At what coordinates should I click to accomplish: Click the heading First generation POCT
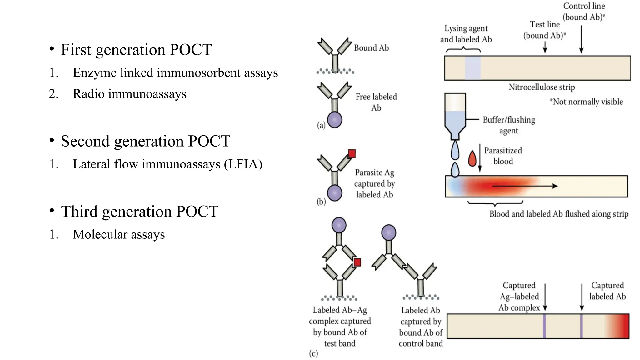click(136, 50)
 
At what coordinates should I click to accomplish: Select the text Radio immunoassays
click(129, 94)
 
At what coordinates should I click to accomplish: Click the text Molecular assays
click(119, 234)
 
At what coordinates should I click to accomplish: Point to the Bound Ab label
click(371, 48)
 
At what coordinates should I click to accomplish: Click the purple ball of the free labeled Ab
click(335, 120)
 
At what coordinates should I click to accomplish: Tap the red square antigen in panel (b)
click(352, 153)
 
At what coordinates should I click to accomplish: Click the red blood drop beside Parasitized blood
click(472, 158)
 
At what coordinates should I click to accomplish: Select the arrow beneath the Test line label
click(545, 47)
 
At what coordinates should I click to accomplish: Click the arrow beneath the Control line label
click(581, 39)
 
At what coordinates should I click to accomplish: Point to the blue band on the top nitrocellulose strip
click(472, 68)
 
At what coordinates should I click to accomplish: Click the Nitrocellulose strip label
click(542, 87)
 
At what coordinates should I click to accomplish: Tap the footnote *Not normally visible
click(586, 102)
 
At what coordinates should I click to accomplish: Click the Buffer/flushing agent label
click(509, 125)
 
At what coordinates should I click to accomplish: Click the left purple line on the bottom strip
click(544, 326)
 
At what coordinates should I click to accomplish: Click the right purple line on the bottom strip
click(581, 326)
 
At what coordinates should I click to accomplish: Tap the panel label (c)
click(313, 353)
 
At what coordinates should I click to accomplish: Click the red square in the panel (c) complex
click(357, 262)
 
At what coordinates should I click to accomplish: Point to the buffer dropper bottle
click(455, 116)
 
